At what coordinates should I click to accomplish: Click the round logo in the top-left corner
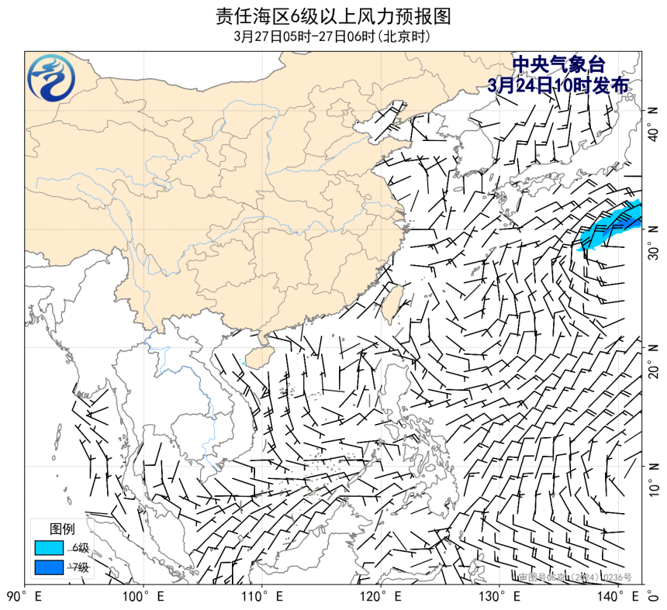click(x=52, y=78)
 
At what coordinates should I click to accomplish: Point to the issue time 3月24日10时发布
click(x=558, y=85)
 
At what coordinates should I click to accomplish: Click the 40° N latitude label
click(x=653, y=124)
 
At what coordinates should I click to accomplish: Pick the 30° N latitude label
click(x=653, y=242)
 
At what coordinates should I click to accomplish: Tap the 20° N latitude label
click(x=653, y=360)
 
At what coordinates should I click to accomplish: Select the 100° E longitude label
click(x=143, y=597)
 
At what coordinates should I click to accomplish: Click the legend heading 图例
click(x=62, y=529)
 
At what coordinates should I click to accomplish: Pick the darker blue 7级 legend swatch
click(x=48, y=567)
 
